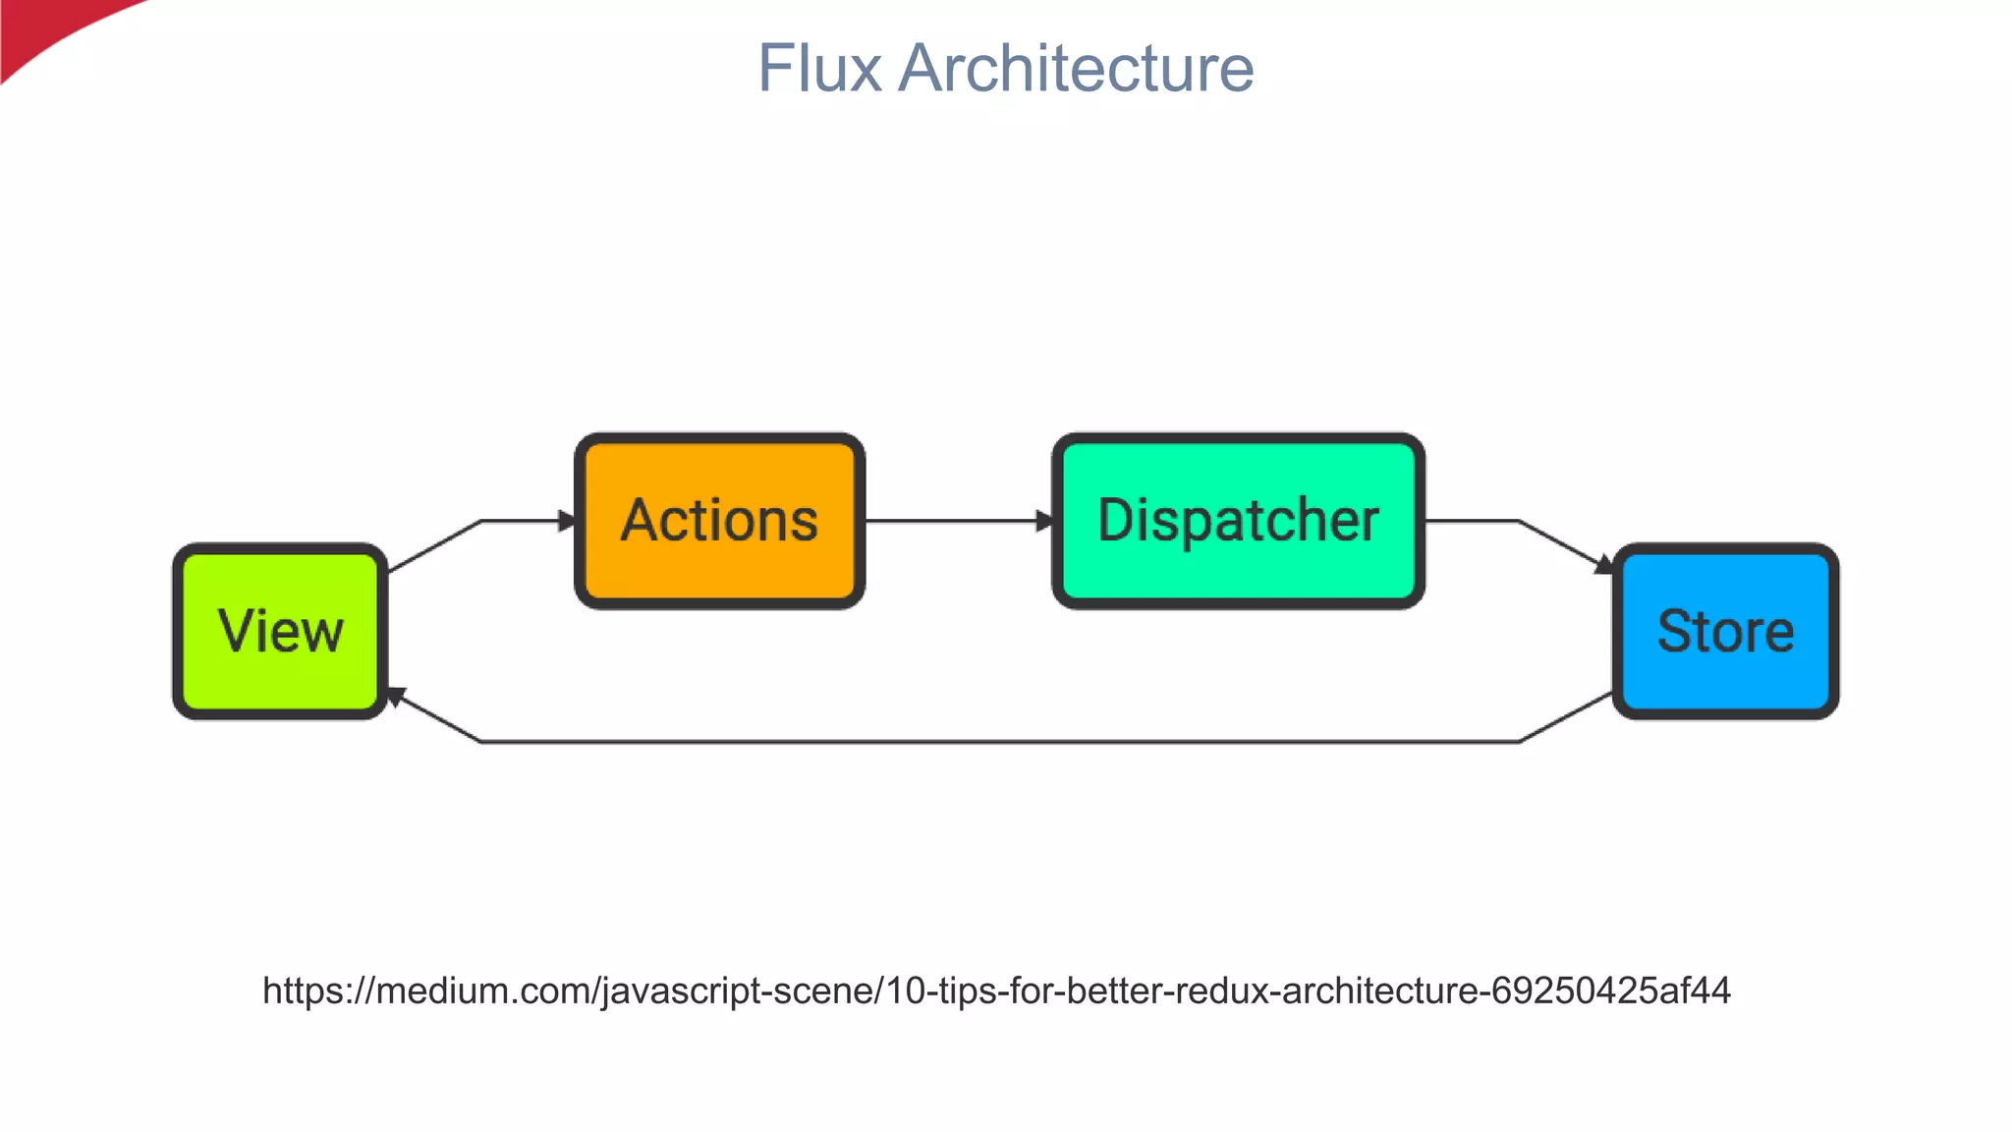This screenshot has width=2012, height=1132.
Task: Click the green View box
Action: point(281,631)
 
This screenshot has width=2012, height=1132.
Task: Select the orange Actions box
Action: point(719,521)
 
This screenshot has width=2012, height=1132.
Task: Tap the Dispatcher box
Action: point(1238,521)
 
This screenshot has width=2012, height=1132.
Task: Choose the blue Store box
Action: point(1725,631)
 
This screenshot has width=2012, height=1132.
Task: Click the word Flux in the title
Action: point(819,69)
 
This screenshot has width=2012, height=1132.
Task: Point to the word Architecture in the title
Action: point(1076,69)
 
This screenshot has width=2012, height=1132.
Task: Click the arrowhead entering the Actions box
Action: point(567,521)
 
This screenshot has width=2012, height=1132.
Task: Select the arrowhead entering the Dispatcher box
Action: point(1044,521)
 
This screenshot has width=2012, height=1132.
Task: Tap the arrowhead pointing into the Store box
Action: point(1603,565)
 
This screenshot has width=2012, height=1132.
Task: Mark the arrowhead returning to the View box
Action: point(395,697)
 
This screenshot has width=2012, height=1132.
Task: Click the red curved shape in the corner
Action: point(49,29)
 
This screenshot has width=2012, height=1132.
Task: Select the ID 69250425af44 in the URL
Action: point(1610,990)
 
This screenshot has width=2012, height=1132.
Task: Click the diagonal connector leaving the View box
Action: point(434,546)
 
